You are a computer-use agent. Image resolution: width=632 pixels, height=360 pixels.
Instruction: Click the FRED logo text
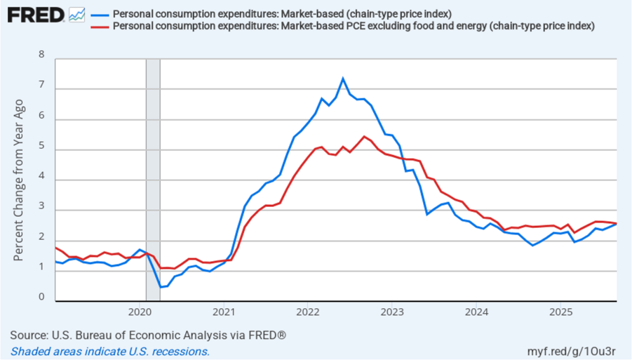pos(36,15)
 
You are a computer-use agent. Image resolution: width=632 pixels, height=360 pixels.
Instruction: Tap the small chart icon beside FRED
pos(77,15)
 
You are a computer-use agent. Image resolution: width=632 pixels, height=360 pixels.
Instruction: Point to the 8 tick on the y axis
pos(42,54)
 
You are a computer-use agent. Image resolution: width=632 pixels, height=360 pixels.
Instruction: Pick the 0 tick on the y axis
pos(42,297)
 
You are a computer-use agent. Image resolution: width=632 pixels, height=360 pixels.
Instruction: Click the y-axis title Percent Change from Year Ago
pos(19,179)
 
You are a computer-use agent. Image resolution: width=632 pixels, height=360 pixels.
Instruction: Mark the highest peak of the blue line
pos(343,78)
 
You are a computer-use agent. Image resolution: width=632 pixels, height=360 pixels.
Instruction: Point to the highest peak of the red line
pos(364,136)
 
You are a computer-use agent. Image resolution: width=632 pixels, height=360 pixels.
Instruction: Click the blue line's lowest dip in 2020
pos(160,287)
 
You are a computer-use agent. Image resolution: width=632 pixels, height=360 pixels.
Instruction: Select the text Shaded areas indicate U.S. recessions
pos(110,351)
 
